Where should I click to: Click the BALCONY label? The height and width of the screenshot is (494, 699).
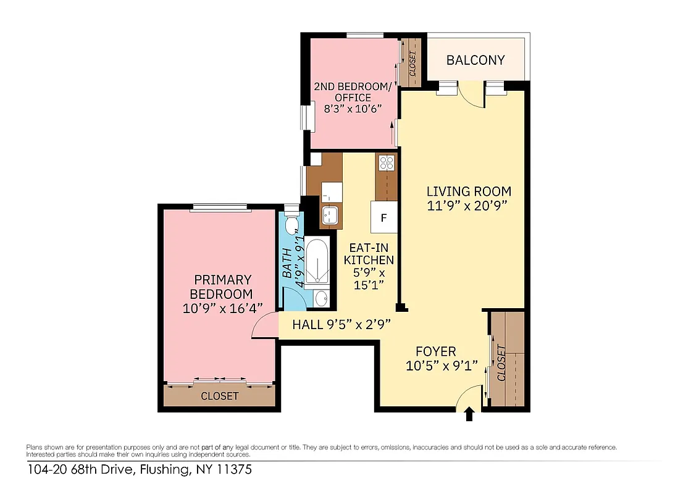point(475,60)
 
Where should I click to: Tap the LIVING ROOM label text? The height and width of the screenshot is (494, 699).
point(469,191)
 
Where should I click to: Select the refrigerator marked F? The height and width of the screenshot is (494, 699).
point(383,217)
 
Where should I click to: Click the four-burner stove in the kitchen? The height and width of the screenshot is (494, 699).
point(387,163)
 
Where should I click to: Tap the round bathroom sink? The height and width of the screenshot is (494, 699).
point(321,299)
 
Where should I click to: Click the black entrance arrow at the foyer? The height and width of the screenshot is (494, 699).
point(469,414)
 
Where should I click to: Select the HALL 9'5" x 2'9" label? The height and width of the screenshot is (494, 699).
point(341,324)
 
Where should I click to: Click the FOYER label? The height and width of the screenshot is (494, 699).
point(435,352)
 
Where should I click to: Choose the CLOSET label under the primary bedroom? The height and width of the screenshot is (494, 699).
point(219,396)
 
